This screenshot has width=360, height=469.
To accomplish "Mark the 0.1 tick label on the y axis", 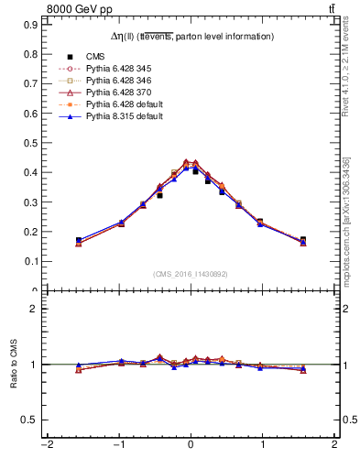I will click(31, 261).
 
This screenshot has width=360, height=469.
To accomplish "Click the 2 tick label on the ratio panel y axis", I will click(34, 309).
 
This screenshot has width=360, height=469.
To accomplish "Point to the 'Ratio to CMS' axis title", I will click(15, 364).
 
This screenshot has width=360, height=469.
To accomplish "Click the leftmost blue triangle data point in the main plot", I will click(79, 240).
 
